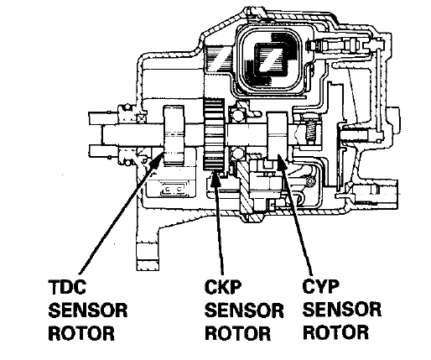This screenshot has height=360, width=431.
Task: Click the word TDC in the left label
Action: tap(67, 287)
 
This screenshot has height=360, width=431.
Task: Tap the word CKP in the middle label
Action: tap(223, 287)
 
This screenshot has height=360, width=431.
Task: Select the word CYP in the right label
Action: tap(321, 286)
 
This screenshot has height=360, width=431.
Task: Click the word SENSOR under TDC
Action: tap(88, 310)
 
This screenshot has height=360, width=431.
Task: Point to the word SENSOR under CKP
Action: tap(244, 310)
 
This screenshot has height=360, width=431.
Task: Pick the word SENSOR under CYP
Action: tap(342, 309)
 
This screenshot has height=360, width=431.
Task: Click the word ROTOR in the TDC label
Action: tap(81, 333)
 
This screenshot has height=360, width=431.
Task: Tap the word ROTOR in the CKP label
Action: tap(238, 333)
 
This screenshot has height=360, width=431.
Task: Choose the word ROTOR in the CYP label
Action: tap(335, 332)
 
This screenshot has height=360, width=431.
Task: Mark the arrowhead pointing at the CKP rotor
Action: tap(215, 180)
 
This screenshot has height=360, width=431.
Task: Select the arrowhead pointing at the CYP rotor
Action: tap(280, 162)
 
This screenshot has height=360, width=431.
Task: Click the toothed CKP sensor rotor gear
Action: tap(214, 135)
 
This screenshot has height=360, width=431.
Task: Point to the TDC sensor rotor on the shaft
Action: tap(174, 136)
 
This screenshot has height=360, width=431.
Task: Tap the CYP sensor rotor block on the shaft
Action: tap(278, 136)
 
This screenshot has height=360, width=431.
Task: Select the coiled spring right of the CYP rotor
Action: tap(309, 131)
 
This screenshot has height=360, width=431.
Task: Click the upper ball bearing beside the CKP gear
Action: tap(238, 115)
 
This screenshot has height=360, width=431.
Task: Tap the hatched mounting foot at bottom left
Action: tap(148, 256)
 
